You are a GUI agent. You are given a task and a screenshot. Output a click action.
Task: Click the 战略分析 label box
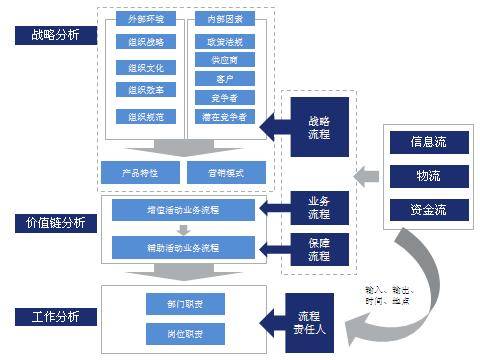click(x=49, y=35)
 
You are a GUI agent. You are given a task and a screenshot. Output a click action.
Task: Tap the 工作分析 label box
click(x=49, y=317)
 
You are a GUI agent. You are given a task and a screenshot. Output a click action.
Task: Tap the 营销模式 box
click(x=226, y=172)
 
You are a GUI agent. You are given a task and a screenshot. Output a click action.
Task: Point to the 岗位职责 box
click(x=169, y=332)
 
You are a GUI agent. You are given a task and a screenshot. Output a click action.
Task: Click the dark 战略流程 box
click(x=318, y=127)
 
